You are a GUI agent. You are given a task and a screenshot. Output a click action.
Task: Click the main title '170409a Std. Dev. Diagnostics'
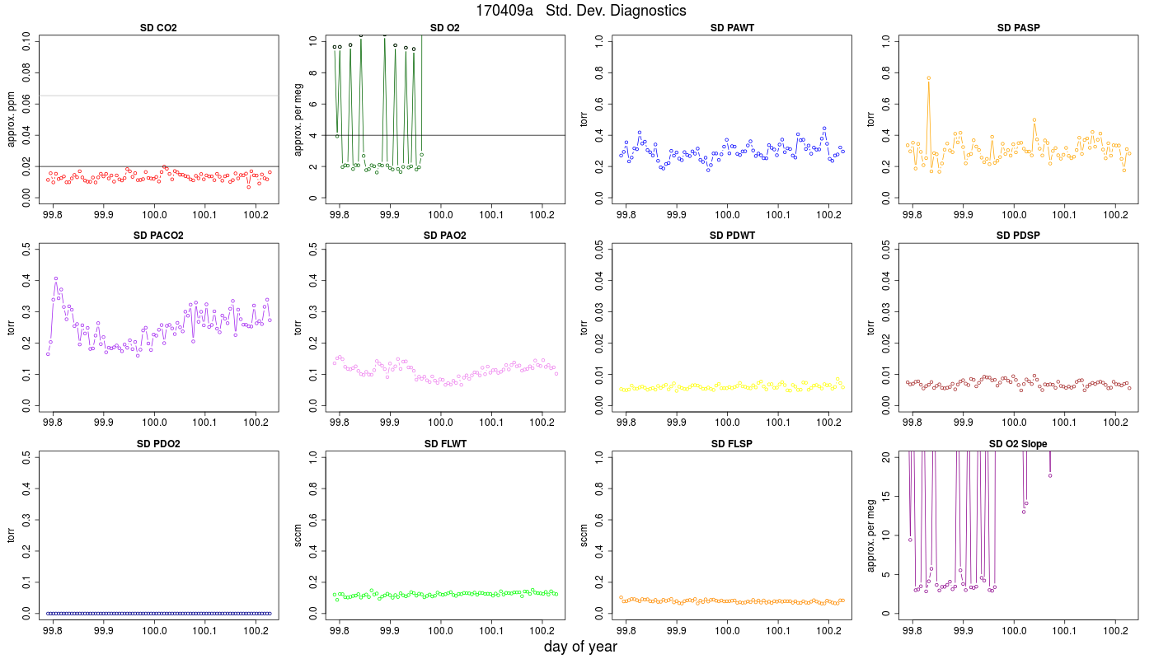pos(580,10)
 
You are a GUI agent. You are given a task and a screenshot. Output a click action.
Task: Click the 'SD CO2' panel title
pos(158,28)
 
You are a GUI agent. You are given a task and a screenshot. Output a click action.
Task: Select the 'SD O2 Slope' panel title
pos(1018,444)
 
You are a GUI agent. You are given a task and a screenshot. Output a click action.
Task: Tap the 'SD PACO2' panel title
pos(158,236)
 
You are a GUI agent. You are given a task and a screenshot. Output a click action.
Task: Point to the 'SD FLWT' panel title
pos(445,444)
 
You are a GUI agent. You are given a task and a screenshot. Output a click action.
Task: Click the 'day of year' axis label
pos(580,647)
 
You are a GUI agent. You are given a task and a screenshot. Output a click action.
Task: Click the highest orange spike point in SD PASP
pos(928,78)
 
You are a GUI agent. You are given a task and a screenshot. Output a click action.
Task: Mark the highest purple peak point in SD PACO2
pos(56,278)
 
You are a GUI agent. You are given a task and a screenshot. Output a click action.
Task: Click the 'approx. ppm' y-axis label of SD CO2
pos(12,119)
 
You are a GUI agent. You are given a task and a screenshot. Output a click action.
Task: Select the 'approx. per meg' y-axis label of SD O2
pos(298,119)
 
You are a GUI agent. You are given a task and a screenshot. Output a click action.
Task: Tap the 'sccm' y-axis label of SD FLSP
pos(584,535)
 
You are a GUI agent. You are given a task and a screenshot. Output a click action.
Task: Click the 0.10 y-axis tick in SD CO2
pos(26,41)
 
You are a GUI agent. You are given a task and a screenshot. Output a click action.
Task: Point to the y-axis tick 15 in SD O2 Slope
pos(885,496)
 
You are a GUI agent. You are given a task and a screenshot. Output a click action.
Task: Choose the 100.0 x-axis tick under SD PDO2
pos(154,631)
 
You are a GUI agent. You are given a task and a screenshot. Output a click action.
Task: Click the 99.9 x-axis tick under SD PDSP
pos(963,423)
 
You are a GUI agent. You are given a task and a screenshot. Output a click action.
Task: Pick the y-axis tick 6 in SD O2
pos(312,104)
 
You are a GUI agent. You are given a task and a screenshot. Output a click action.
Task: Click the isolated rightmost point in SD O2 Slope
pos(1050,476)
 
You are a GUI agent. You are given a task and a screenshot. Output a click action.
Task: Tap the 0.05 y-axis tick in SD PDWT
pos(599,249)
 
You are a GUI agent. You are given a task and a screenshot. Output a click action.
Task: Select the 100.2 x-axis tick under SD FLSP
pos(828,631)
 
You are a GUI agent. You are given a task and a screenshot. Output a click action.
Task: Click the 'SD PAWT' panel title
pos(732,28)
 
